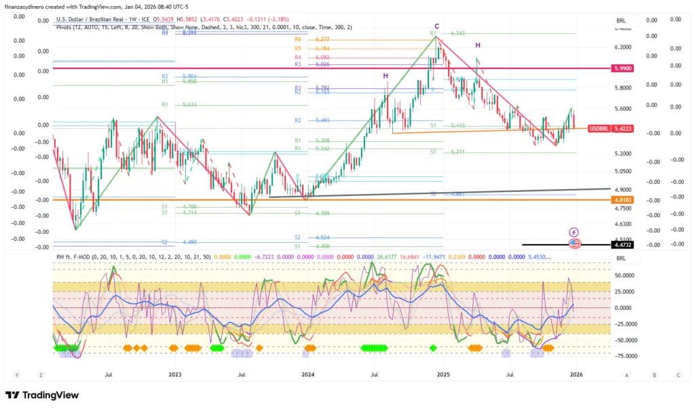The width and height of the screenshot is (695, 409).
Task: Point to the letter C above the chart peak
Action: click(x=436, y=26)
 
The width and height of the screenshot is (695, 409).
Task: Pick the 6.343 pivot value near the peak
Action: click(x=458, y=33)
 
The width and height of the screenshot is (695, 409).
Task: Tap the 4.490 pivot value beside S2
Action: click(x=189, y=242)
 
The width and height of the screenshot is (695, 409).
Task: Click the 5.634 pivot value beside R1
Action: click(x=189, y=105)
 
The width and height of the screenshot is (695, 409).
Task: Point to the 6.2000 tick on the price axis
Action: click(x=623, y=47)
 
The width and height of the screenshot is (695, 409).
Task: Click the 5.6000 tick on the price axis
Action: click(x=623, y=109)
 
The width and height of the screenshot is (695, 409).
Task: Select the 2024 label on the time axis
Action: click(x=308, y=374)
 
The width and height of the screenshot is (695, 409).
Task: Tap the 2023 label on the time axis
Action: click(x=174, y=374)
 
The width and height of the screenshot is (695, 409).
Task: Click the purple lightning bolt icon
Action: click(x=574, y=232)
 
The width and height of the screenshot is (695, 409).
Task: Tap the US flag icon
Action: click(x=574, y=243)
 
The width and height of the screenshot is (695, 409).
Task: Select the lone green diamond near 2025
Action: click(x=434, y=348)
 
